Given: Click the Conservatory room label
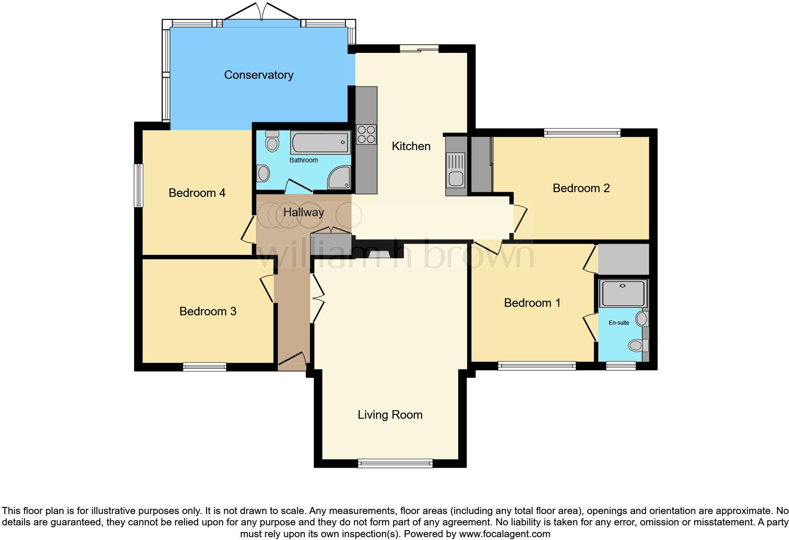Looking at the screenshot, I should tap(259, 75).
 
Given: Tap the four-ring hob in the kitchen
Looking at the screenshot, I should tap(366, 134).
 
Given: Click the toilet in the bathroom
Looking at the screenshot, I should tap(272, 141).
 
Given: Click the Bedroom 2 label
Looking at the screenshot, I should tap(581, 188).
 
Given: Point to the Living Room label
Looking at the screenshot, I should tap(390, 414).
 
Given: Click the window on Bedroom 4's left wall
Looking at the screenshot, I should tap(138, 186).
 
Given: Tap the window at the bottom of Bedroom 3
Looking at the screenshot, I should tap(204, 367).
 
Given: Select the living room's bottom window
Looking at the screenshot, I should tap(395, 464).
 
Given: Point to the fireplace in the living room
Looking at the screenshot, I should tap(379, 254).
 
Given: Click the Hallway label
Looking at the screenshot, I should tap(303, 212).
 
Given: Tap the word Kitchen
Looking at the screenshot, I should tap(411, 146).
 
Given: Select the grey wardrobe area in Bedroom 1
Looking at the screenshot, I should tap(623, 259).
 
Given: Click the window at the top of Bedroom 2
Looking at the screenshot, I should tap(582, 133).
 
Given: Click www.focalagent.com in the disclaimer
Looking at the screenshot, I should tap(504, 534).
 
